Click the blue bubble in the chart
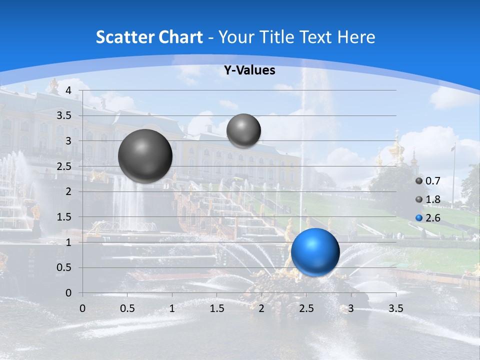coord(315,252)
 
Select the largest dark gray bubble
coord(145,156)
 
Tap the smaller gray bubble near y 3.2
coord(243,130)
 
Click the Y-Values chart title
coord(249,70)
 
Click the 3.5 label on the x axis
coord(395,308)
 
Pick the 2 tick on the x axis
coord(261,308)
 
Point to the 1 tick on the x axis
coord(172,308)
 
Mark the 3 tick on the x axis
coord(350,308)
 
